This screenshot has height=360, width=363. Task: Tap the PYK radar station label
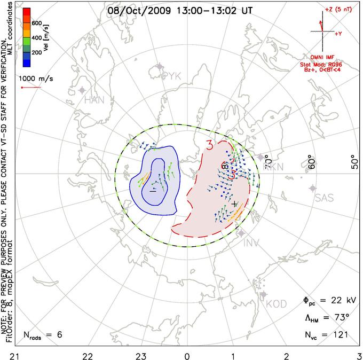[x=172, y=76]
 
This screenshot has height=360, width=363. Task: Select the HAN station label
[x=94, y=100]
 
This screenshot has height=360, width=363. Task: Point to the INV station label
[x=254, y=244]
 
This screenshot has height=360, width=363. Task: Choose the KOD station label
[x=276, y=304]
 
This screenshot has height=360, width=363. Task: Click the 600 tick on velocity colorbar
[x=37, y=23]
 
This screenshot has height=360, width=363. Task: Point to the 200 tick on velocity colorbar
[x=37, y=53]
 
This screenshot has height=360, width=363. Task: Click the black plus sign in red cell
[x=235, y=204]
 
